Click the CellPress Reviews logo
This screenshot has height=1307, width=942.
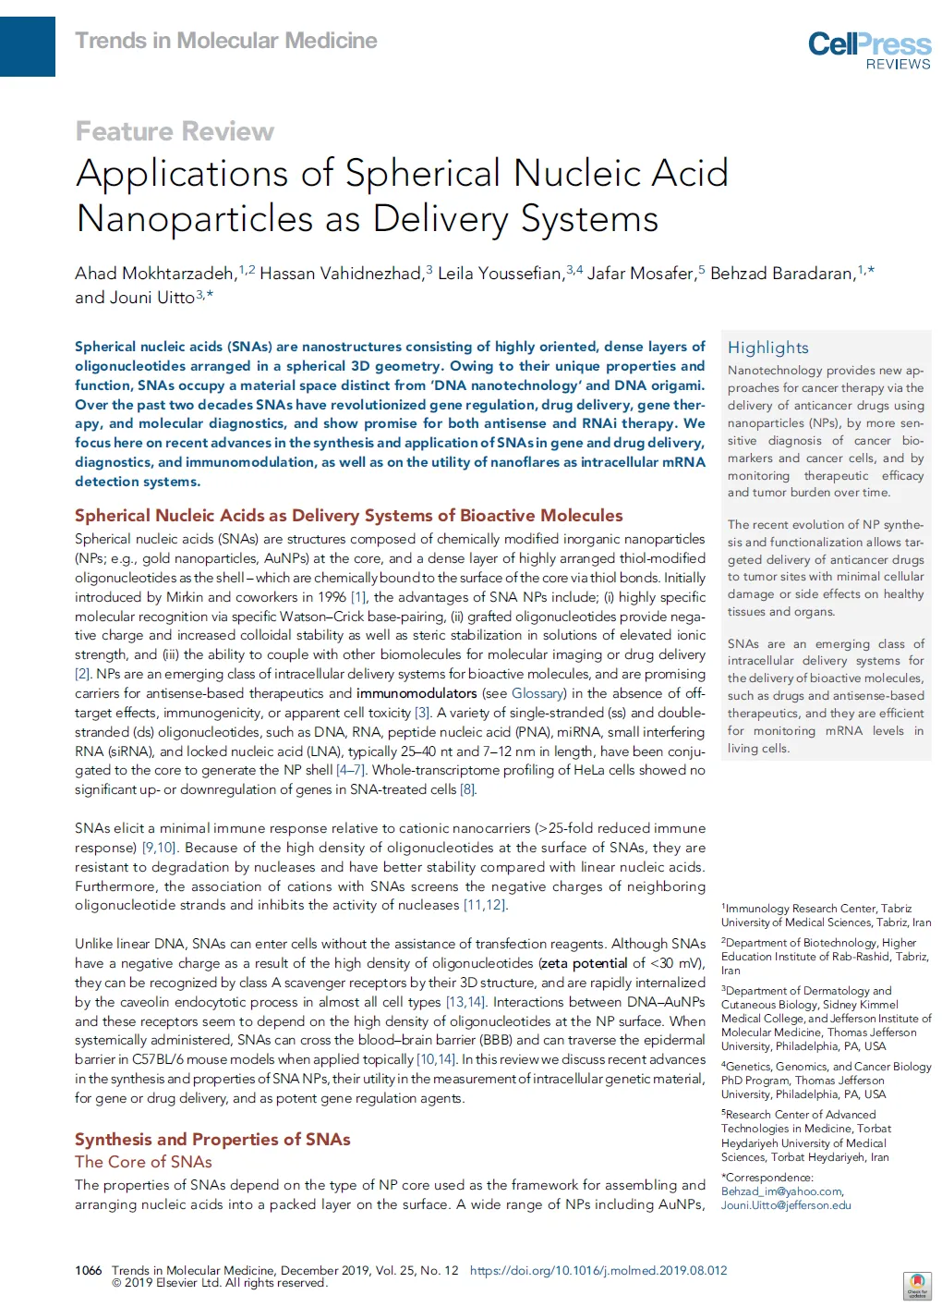(x=869, y=50)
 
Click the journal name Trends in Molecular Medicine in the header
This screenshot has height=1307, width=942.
(x=226, y=41)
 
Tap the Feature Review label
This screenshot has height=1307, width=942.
(x=175, y=131)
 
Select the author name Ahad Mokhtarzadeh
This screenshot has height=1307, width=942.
(x=155, y=274)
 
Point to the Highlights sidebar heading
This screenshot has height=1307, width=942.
(x=767, y=348)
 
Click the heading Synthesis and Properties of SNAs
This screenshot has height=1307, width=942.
(x=212, y=1139)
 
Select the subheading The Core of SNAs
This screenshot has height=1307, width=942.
(x=143, y=1162)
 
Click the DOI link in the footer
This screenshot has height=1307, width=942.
(x=598, y=1270)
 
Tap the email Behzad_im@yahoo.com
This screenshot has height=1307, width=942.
(x=781, y=1191)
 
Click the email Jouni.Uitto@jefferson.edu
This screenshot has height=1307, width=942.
(x=786, y=1205)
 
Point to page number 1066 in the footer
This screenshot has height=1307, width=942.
(x=89, y=1270)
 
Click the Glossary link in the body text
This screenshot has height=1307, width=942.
(x=537, y=693)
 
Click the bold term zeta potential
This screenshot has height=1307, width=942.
(x=584, y=963)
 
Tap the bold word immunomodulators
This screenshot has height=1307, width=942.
(x=417, y=693)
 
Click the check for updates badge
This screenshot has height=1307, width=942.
(x=916, y=1286)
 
